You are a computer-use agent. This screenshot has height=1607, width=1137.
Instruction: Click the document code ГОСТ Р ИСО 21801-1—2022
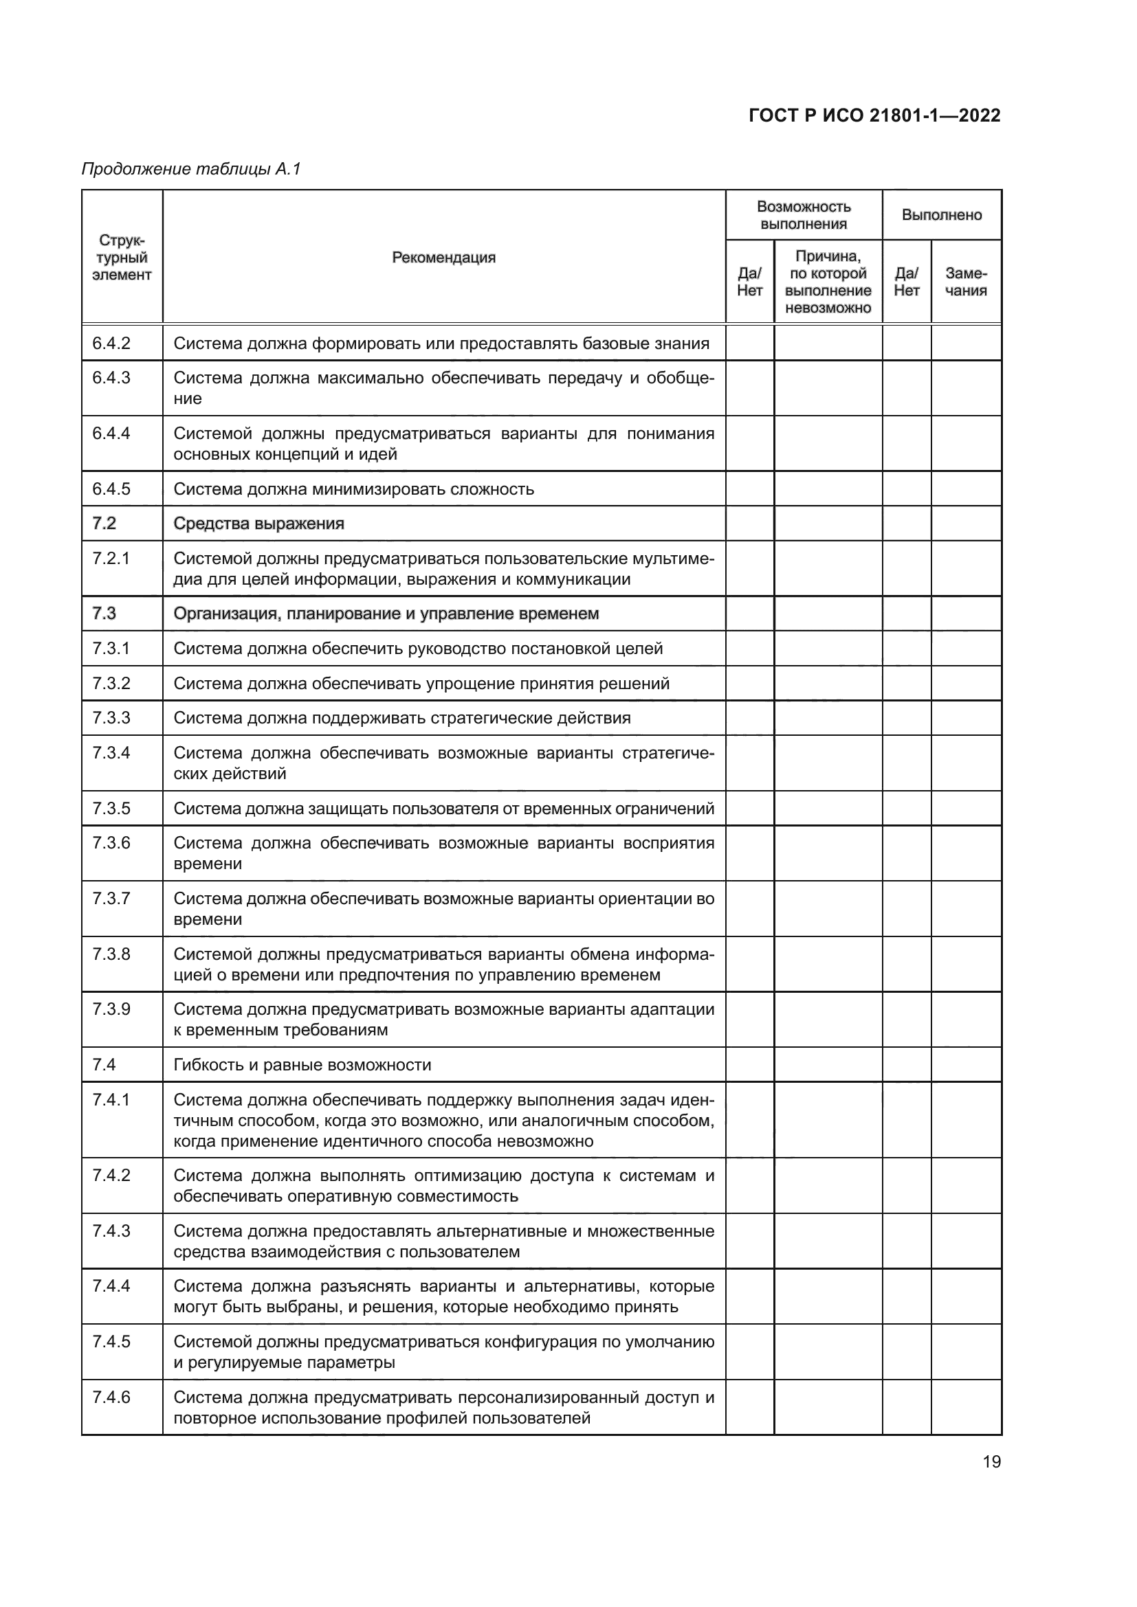click(x=874, y=115)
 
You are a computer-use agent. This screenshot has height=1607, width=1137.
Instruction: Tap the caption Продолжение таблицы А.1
click(x=191, y=169)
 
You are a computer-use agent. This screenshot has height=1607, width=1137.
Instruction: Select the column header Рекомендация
click(x=443, y=258)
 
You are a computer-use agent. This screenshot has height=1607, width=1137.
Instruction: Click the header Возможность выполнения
click(x=803, y=215)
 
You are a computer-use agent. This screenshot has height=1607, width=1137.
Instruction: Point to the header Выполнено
click(x=941, y=215)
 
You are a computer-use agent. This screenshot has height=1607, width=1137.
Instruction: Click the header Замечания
click(x=965, y=282)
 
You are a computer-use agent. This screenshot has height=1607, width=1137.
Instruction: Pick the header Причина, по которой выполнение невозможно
click(x=828, y=282)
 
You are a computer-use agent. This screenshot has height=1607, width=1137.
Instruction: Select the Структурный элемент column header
click(x=122, y=258)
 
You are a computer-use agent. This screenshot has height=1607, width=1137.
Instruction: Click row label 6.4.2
click(x=111, y=344)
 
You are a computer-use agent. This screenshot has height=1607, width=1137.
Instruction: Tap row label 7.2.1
click(x=111, y=559)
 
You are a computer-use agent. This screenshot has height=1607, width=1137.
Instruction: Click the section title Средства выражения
click(x=258, y=524)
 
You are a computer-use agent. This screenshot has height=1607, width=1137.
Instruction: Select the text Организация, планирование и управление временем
click(x=386, y=614)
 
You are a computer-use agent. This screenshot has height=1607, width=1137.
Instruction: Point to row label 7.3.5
click(x=111, y=809)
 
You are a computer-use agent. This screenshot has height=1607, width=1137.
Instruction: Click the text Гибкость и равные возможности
click(x=302, y=1064)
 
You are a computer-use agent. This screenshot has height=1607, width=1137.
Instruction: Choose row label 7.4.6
click(x=111, y=1397)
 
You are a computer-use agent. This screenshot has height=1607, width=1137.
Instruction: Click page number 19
click(x=991, y=1462)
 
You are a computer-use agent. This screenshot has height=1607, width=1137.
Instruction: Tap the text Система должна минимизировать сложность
click(x=353, y=489)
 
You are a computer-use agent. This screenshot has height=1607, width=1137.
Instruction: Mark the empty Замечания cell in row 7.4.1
click(x=965, y=1119)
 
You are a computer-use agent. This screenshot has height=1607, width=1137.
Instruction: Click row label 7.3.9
click(x=111, y=1009)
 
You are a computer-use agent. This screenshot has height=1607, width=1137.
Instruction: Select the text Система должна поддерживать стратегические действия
click(x=402, y=718)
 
